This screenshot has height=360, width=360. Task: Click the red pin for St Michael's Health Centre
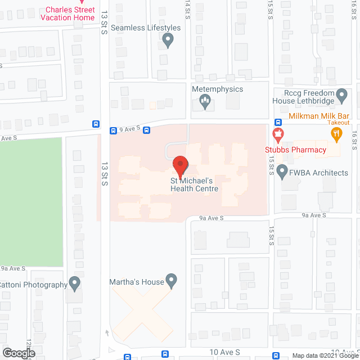click(x=180, y=166)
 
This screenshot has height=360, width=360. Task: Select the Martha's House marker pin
click(x=172, y=280)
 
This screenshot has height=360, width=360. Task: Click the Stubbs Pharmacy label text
click(x=296, y=150)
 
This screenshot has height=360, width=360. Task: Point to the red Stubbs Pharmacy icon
click(x=277, y=135)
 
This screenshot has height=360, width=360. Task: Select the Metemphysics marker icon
click(x=205, y=102)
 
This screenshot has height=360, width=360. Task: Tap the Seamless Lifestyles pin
click(x=167, y=39)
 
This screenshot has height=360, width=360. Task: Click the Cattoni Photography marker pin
click(x=74, y=283)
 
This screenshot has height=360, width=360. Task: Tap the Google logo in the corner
click(x=18, y=353)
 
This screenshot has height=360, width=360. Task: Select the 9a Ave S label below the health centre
click(x=211, y=218)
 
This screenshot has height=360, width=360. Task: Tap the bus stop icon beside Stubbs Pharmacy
click(x=278, y=122)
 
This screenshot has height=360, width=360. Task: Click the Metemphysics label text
click(x=218, y=89)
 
